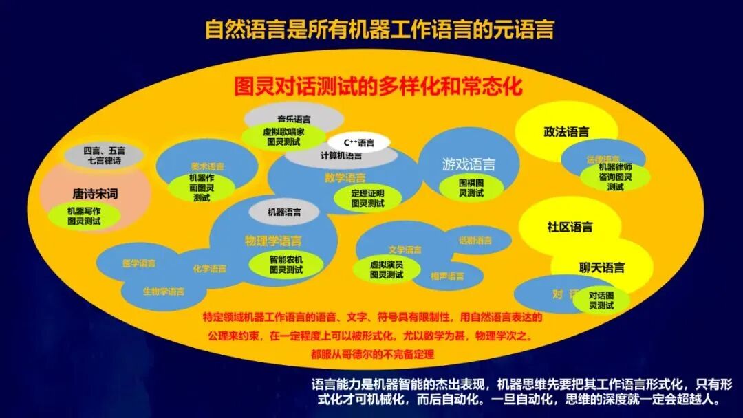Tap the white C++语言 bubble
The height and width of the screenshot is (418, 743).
[358, 143]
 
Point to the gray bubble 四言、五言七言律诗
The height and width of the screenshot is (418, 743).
[105, 155]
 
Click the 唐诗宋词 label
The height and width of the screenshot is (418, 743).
[95, 194]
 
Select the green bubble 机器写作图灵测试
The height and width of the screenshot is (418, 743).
[84, 216]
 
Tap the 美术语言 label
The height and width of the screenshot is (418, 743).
[207, 166]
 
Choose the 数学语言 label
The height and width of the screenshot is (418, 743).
[345, 178]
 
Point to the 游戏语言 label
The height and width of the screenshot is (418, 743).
[469, 164]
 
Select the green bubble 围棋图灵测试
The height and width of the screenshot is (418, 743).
[471, 188]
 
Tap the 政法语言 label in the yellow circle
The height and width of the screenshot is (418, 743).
[566, 132]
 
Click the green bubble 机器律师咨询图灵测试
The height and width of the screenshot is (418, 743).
[615, 177]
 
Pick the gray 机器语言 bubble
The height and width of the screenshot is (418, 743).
[284, 212]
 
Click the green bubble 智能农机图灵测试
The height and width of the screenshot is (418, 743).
[286, 265]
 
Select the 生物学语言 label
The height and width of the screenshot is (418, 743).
[164, 291]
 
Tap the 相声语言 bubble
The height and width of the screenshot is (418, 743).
[447, 276]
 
